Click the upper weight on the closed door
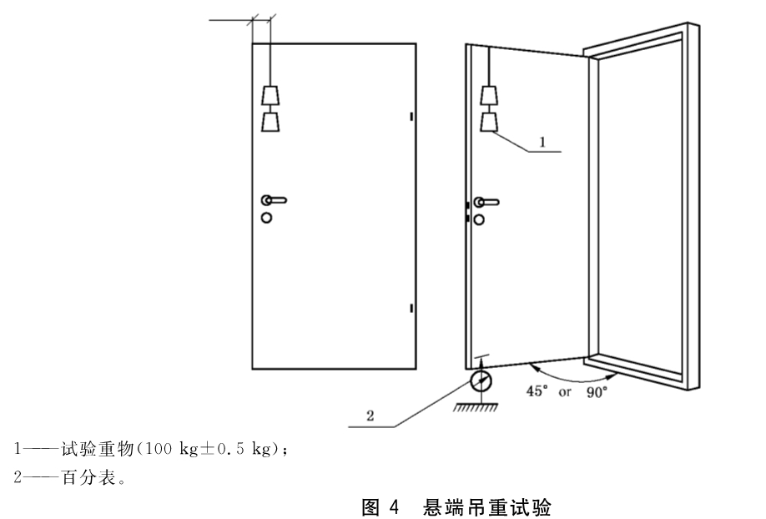coord(270,95)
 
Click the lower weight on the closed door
coord(270,122)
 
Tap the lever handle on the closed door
coord(274,200)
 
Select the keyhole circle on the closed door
coord(266,218)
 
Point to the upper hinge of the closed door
coord(411,116)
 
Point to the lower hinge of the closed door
coord(411,308)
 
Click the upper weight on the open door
coord(489,95)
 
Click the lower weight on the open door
coord(489,122)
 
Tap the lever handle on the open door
coord(486,202)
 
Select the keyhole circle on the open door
coord(479,219)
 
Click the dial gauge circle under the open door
coord(481,381)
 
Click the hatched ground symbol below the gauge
coord(476,407)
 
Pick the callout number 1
coord(542,142)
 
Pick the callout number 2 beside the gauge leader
coord(370,416)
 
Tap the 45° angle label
coord(537,391)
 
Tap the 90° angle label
coord(597,392)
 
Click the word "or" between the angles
coord(565,392)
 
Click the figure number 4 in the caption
coord(394,507)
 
